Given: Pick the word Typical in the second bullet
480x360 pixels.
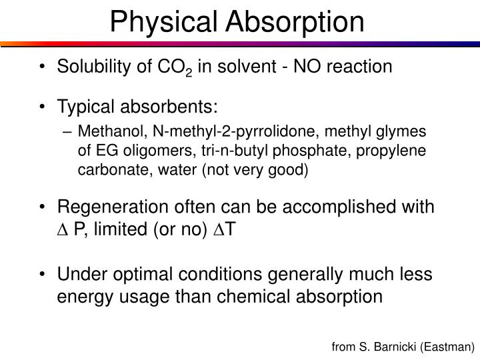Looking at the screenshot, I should [x=84, y=107].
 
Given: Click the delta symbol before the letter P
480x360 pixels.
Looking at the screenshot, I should [x=62, y=231].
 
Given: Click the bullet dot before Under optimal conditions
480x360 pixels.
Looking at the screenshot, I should [x=44, y=274].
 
